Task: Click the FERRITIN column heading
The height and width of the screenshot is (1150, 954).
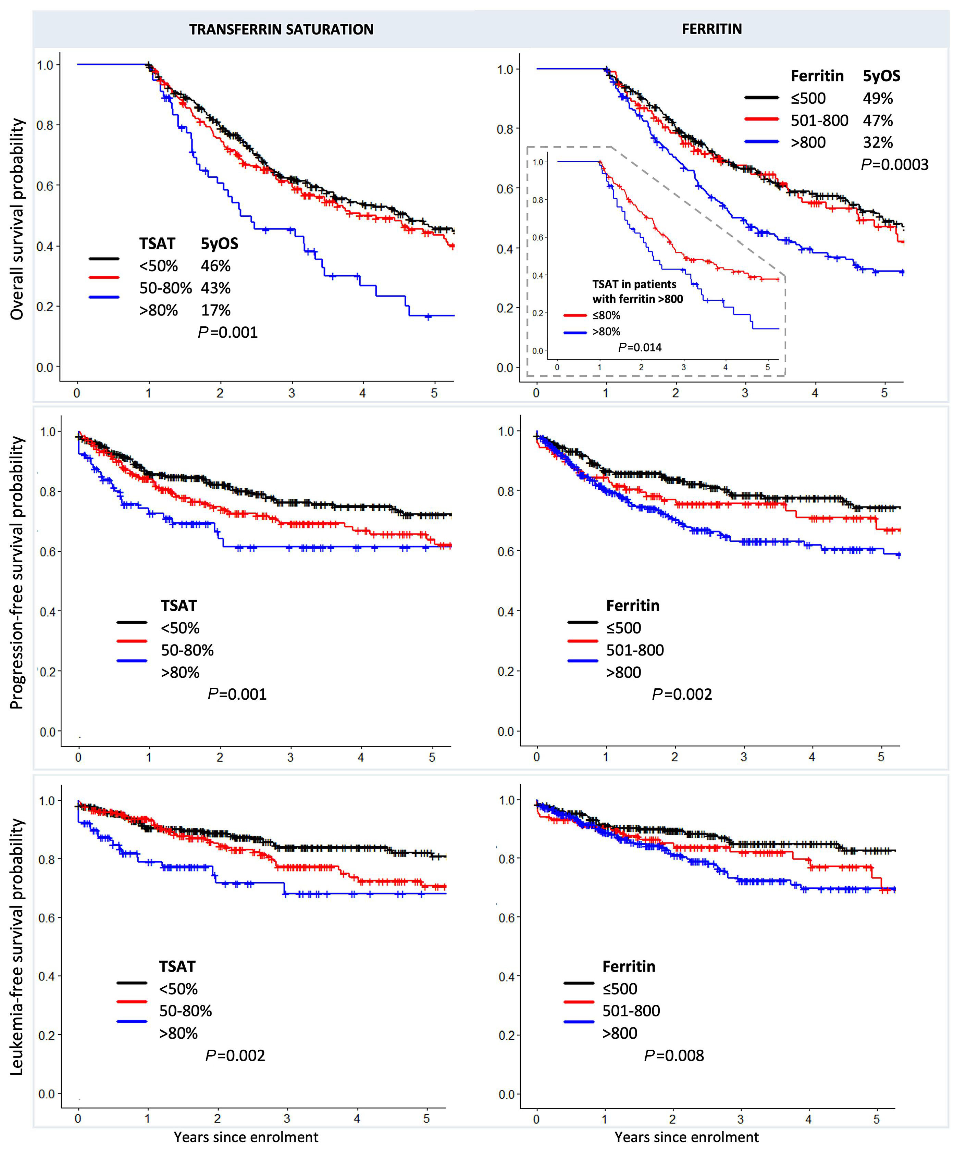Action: click(711, 29)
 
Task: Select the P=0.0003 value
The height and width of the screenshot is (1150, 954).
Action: click(894, 165)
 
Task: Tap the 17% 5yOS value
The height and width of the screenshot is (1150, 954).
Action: click(216, 311)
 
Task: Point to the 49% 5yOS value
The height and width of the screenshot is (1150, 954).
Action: click(878, 99)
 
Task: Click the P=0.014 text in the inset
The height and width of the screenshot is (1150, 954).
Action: click(640, 348)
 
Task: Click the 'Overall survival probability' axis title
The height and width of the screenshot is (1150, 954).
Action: click(17, 219)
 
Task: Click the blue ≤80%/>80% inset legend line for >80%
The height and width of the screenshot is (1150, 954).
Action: click(575, 333)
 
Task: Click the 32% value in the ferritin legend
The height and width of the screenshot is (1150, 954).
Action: click(878, 143)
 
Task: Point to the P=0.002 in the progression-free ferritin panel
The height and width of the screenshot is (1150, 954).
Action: click(682, 695)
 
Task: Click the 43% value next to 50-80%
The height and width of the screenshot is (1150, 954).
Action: click(216, 288)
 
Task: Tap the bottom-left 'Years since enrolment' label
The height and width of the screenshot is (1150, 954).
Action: click(246, 1137)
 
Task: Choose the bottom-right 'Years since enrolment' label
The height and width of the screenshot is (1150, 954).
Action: click(686, 1137)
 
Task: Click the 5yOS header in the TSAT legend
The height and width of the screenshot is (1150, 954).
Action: click(219, 244)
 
